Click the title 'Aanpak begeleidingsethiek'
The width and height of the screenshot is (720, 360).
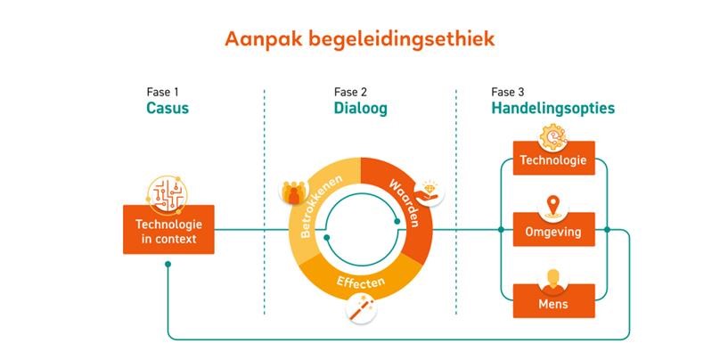(x=359, y=40)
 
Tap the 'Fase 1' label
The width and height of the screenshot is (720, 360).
(x=162, y=93)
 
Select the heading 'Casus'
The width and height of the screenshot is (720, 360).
(x=168, y=109)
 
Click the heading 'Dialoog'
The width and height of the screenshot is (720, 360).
(x=361, y=109)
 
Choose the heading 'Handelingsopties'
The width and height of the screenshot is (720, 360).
(x=553, y=109)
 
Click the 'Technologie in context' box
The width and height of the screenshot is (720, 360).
(x=168, y=230)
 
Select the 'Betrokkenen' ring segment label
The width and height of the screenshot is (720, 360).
(x=323, y=207)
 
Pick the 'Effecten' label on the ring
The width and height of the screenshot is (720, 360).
(x=361, y=282)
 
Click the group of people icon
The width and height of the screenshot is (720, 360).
(x=293, y=192)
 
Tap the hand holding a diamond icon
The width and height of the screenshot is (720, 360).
(x=430, y=192)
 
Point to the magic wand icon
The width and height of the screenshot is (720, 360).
(x=362, y=309)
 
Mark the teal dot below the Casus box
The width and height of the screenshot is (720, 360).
(x=168, y=264)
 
